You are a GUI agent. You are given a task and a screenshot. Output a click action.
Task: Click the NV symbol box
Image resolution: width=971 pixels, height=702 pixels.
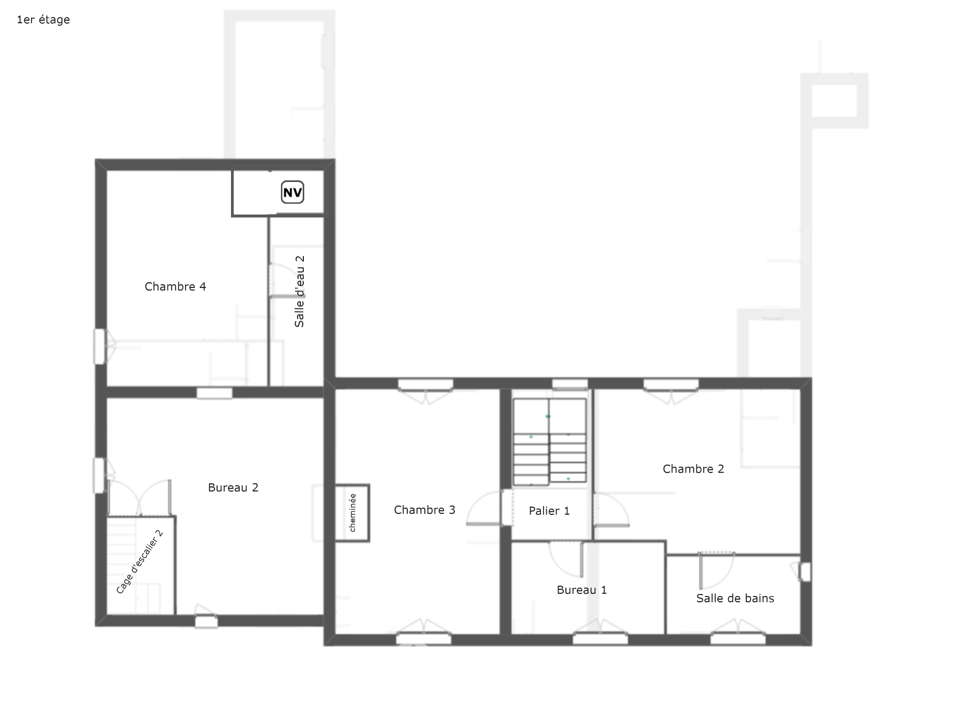pyautogui.click(x=292, y=192)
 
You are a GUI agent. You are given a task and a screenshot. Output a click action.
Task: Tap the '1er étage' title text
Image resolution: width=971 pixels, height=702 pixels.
pyautogui.click(x=43, y=20)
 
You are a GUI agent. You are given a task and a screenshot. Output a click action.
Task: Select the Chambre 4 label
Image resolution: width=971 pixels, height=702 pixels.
pyautogui.click(x=175, y=286)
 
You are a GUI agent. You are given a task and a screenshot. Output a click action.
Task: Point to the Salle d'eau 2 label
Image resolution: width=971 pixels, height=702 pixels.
pyautogui.click(x=299, y=291)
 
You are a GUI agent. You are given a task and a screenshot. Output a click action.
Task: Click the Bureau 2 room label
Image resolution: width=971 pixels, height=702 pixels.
pyautogui.click(x=233, y=487)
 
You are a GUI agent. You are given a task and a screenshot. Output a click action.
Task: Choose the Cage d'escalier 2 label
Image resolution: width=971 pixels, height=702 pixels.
pyautogui.click(x=140, y=561)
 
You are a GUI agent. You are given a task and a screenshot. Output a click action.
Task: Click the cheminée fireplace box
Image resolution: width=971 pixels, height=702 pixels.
pyautogui.click(x=352, y=513)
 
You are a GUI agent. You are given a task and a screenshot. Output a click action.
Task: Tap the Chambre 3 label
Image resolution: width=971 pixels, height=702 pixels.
pyautogui.click(x=424, y=510)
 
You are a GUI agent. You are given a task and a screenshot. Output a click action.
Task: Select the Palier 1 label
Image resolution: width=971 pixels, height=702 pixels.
pyautogui.click(x=549, y=511)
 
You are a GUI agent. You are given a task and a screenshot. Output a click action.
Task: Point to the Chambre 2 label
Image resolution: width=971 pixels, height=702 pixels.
pyautogui.click(x=693, y=469)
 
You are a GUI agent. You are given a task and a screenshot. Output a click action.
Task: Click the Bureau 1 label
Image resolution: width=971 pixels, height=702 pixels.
pyautogui.click(x=582, y=590)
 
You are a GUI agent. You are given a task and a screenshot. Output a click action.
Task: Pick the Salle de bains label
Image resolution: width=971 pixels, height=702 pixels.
pyautogui.click(x=735, y=598)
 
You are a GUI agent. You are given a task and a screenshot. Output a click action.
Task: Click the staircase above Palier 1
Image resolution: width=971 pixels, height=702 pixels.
pyautogui.click(x=549, y=442)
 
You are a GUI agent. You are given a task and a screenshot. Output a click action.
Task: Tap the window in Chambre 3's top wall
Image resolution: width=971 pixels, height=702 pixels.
pyautogui.click(x=425, y=385)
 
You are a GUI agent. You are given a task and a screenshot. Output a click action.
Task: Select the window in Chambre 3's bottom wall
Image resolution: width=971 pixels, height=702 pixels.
pyautogui.click(x=424, y=639)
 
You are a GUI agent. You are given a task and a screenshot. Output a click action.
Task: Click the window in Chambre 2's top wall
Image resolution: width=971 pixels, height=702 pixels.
pyautogui.click(x=671, y=385)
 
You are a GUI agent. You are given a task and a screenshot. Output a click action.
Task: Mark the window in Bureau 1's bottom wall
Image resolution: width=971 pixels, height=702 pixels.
pyautogui.click(x=600, y=639)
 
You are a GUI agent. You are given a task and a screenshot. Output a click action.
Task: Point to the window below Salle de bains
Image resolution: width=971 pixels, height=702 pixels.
pyautogui.click(x=738, y=639)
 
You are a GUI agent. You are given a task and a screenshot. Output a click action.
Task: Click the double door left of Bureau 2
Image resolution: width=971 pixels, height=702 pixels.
pyautogui.click(x=140, y=498)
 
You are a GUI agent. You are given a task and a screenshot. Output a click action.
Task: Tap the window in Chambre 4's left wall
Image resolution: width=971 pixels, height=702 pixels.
pyautogui.click(x=99, y=346)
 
